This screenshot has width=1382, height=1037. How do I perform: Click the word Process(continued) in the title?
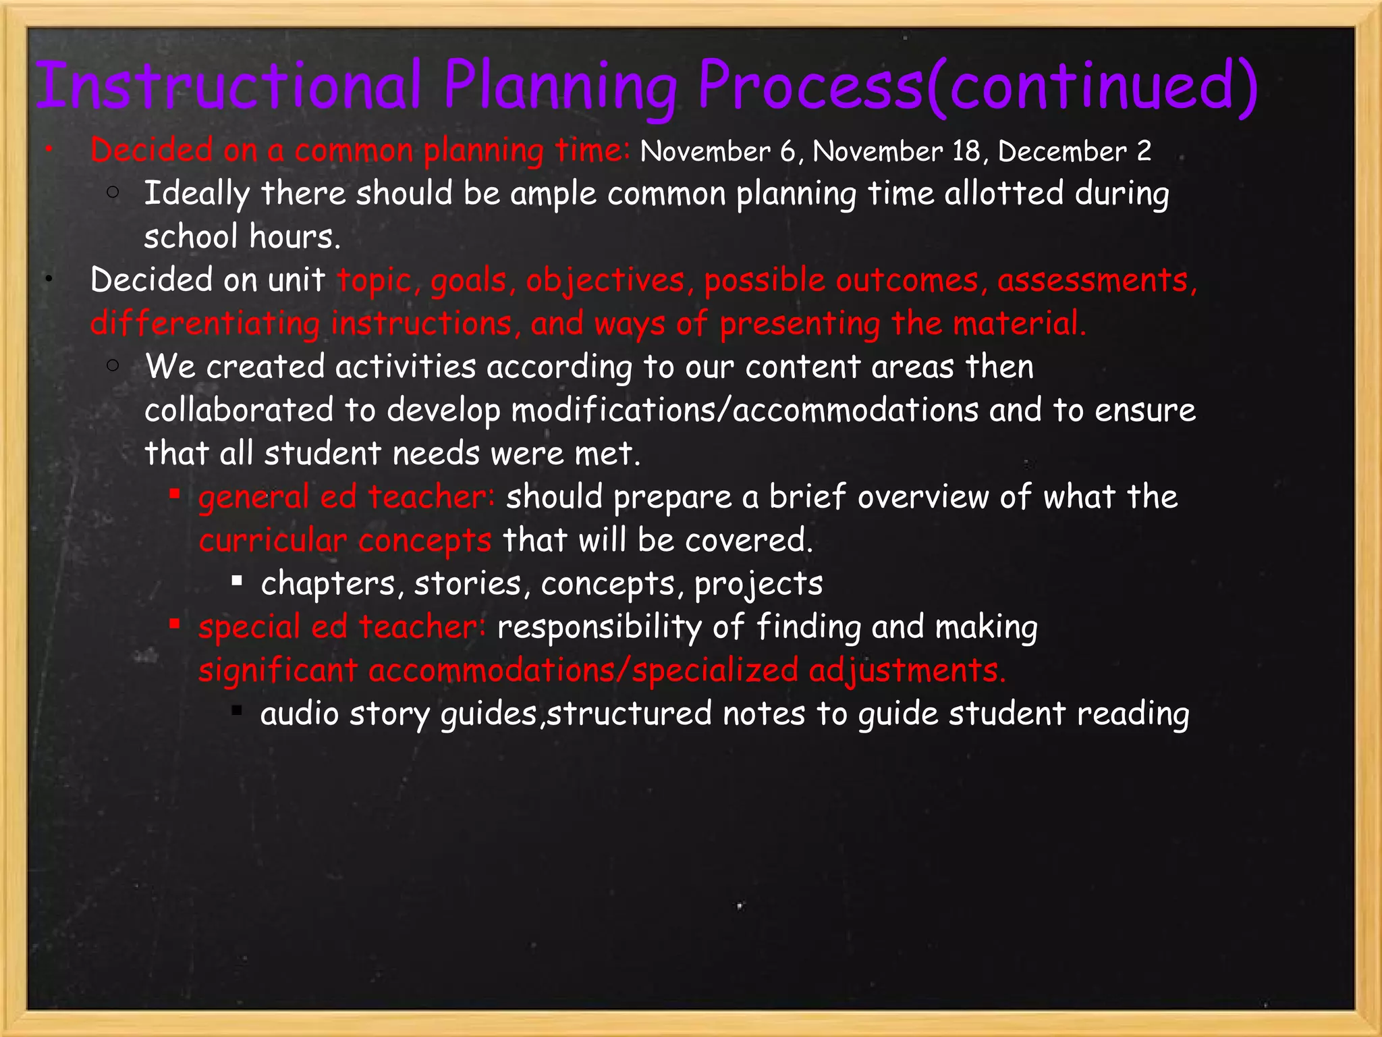coord(977,86)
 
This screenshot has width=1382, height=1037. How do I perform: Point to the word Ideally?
coord(196,194)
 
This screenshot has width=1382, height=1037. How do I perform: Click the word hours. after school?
coord(295,237)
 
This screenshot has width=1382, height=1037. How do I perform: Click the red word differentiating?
coord(205,323)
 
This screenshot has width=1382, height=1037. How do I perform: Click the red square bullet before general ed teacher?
coord(175,495)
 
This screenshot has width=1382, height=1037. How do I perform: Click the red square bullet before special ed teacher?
coord(175,624)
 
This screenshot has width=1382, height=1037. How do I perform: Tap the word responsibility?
coord(599,627)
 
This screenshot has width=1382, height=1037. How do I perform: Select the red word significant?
coord(278,671)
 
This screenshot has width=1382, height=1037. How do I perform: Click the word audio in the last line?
coord(299,714)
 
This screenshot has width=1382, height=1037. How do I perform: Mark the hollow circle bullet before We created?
coord(113,366)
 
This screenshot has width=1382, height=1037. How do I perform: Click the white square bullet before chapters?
coord(237,580)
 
